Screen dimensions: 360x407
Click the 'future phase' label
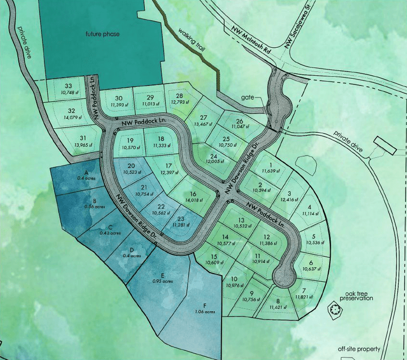tap(102, 34)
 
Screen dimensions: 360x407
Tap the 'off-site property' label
tap(359, 349)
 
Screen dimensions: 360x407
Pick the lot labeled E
tap(167, 275)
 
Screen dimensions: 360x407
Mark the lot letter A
tap(86, 172)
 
